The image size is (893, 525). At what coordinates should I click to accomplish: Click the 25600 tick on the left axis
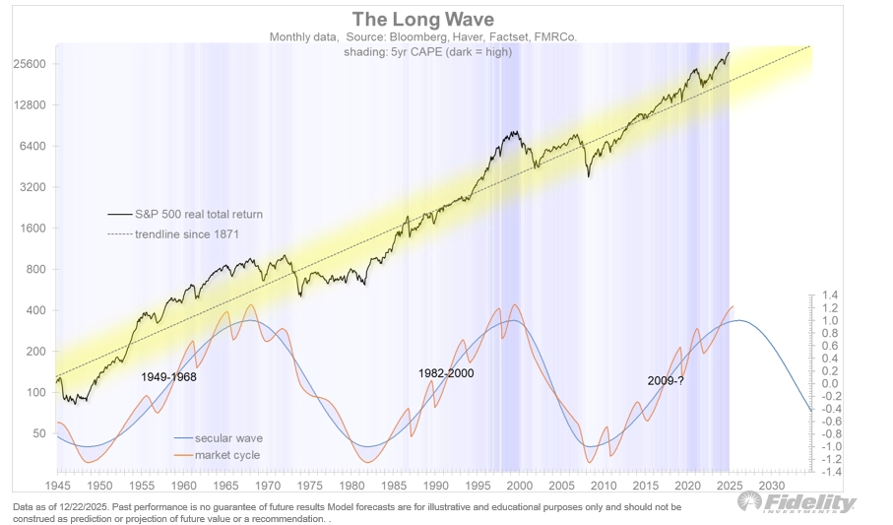[31, 64]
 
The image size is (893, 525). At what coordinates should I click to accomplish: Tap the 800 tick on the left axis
[37, 269]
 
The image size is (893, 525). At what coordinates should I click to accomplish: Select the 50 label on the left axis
[40, 433]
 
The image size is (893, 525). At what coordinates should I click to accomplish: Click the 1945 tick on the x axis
[56, 486]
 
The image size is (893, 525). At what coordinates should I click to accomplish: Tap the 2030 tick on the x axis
[773, 486]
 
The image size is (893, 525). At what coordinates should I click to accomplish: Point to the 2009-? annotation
[666, 380]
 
